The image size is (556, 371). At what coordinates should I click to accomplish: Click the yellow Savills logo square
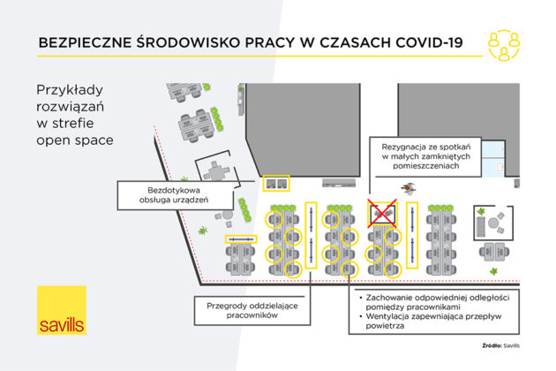(x=62, y=311)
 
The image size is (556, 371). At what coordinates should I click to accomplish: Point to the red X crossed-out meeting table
(x=382, y=212)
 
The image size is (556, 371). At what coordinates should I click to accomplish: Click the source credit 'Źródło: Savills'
(x=501, y=345)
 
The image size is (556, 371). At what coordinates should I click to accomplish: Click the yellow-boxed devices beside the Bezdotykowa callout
(x=276, y=184)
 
